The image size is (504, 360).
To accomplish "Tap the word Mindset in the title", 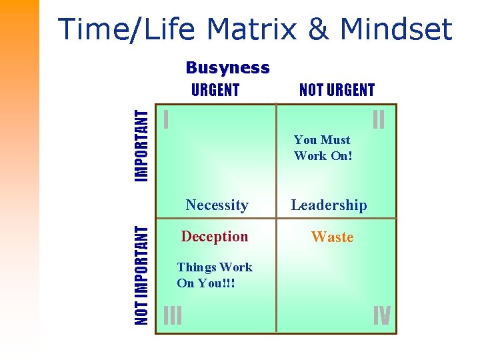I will pos(396,29).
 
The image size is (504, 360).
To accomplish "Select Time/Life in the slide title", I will pos(127,29).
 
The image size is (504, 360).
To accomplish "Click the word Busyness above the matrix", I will pos(227,68).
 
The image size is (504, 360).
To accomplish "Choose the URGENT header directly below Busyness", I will pos(215,90).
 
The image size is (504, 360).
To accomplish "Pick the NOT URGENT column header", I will pos(337,90).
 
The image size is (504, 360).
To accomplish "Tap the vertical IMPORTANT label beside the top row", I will pos(141,145).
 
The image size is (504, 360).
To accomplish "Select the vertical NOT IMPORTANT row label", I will pos(141,275).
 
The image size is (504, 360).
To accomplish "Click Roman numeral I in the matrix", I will pos(166,120).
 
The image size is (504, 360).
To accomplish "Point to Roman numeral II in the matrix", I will pos(379,120).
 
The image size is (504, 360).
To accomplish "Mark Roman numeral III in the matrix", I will pos(173,315).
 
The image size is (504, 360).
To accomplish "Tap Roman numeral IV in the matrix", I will pos(381,315).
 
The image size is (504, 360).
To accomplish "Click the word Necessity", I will pos(217,205).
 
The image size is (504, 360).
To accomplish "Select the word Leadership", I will pos(329,205).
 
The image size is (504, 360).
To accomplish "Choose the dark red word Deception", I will pos(215,237).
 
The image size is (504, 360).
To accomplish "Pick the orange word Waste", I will pos(332,237).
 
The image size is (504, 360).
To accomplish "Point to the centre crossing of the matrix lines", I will pos(276,218).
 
